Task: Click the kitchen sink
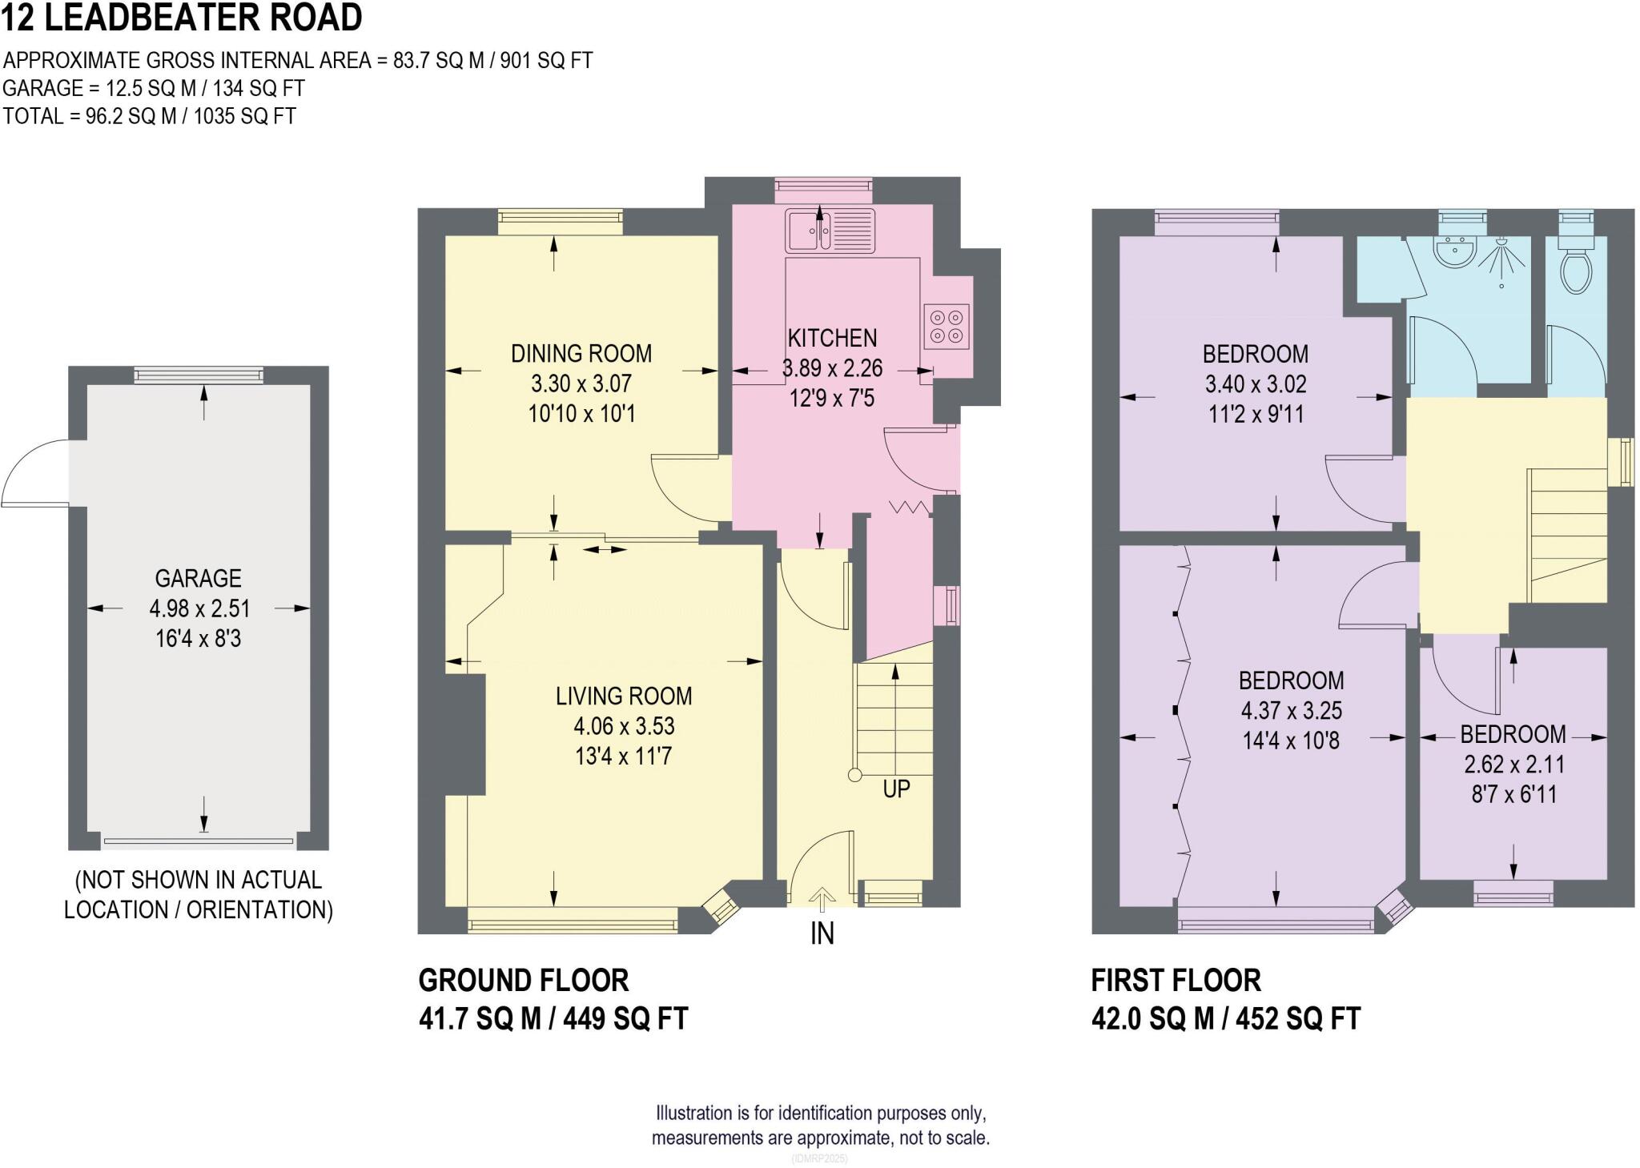[x=831, y=230]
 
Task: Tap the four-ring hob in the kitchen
[x=947, y=327]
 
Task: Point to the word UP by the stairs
[x=896, y=789]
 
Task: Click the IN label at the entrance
[x=822, y=933]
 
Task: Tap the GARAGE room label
[x=198, y=578]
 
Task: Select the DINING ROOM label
[x=581, y=353]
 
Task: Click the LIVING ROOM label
[x=624, y=696]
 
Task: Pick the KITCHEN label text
[x=832, y=338]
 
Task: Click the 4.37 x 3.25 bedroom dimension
[x=1291, y=711]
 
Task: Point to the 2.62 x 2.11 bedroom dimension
[x=1513, y=765]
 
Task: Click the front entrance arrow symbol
[x=822, y=899]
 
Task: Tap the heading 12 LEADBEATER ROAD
[x=182, y=18]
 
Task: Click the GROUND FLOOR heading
[x=524, y=980]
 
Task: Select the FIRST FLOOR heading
[x=1176, y=980]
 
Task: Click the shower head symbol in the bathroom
[x=1501, y=260]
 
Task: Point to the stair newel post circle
[x=854, y=775]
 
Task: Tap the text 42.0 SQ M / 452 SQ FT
[x=1226, y=1019]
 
